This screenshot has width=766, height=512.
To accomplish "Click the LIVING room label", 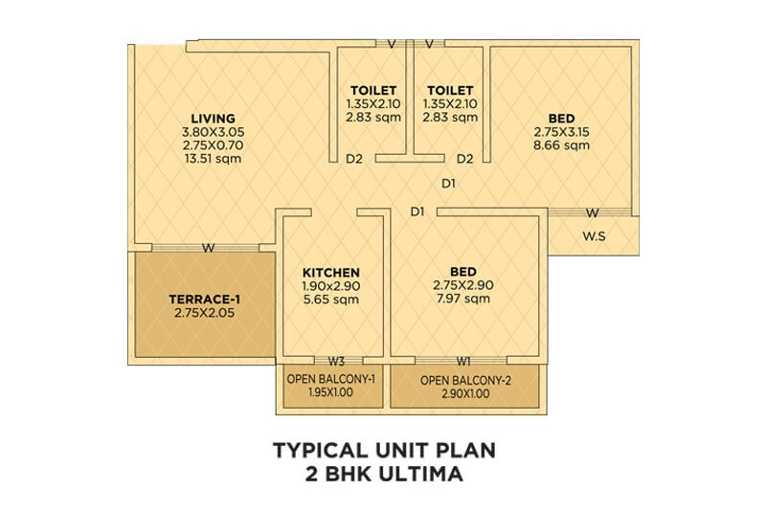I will [x=213, y=119].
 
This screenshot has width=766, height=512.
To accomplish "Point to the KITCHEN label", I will [x=330, y=272].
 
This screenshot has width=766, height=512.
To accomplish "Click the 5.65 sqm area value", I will [x=330, y=300].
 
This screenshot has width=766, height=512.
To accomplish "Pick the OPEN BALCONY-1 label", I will [x=330, y=380].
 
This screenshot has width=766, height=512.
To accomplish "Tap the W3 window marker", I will [x=336, y=362].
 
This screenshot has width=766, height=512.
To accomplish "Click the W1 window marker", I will [x=463, y=362].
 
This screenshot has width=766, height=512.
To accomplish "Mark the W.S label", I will [x=596, y=234].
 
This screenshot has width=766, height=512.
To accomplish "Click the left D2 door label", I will [x=354, y=159].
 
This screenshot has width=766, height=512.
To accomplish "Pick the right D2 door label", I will [x=465, y=159].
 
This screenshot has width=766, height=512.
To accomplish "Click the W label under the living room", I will [x=207, y=249].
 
